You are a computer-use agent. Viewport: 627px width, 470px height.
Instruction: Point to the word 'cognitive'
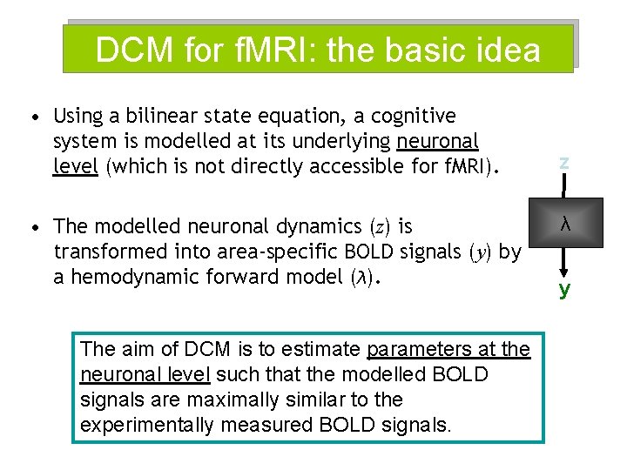tap(415, 116)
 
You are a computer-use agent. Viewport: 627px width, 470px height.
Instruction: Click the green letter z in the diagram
tap(564, 161)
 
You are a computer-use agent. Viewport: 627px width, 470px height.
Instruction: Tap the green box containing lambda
tap(564, 225)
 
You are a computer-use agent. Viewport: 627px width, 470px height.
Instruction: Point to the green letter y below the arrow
tap(564, 289)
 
